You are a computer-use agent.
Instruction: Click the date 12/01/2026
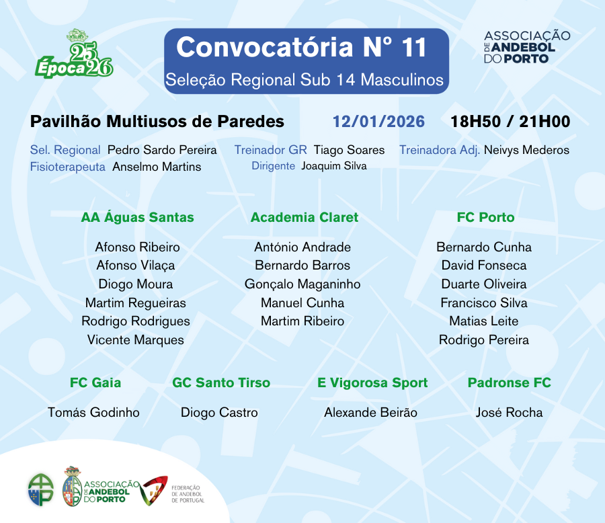click(x=378, y=122)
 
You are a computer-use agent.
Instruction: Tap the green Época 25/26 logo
click(x=75, y=54)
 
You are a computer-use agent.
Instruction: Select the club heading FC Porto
click(x=485, y=217)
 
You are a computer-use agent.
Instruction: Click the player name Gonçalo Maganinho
click(x=302, y=284)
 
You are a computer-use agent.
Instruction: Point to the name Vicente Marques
click(x=135, y=340)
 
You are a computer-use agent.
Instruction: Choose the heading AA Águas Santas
click(x=137, y=217)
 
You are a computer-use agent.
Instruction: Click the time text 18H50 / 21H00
click(x=510, y=122)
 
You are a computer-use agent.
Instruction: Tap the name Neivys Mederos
click(x=526, y=150)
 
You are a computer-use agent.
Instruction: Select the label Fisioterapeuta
click(x=67, y=167)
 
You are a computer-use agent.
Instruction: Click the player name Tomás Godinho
click(x=93, y=412)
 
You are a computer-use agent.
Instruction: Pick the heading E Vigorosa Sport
click(x=372, y=383)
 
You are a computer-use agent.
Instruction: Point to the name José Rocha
click(x=509, y=412)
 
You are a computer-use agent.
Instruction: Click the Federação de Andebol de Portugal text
click(x=188, y=494)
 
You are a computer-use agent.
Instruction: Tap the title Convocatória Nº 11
click(x=301, y=47)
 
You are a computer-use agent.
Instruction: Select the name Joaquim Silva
click(x=333, y=166)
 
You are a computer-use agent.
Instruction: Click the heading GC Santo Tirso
click(x=221, y=383)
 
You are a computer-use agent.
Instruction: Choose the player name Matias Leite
click(x=484, y=321)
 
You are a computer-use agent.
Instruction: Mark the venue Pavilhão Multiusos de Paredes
click(x=157, y=122)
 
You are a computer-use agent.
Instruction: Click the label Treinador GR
click(x=270, y=150)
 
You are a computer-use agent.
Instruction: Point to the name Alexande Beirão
click(x=370, y=412)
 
